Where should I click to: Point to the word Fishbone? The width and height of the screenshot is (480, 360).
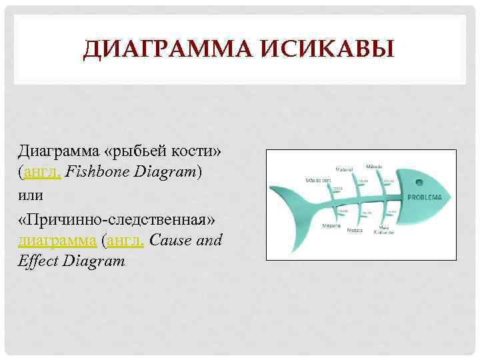click(x=101, y=173)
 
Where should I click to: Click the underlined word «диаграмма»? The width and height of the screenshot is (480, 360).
click(x=57, y=240)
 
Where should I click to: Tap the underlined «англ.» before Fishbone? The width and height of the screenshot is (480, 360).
click(x=42, y=173)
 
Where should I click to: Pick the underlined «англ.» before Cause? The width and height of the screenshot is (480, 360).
click(x=124, y=240)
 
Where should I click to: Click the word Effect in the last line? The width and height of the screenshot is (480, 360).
click(x=38, y=262)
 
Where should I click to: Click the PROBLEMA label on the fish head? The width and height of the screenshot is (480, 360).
click(x=425, y=199)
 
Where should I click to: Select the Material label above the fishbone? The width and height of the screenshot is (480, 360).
click(x=344, y=169)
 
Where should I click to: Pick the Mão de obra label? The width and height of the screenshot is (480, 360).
click(x=318, y=180)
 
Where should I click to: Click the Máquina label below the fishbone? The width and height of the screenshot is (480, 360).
click(x=331, y=225)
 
